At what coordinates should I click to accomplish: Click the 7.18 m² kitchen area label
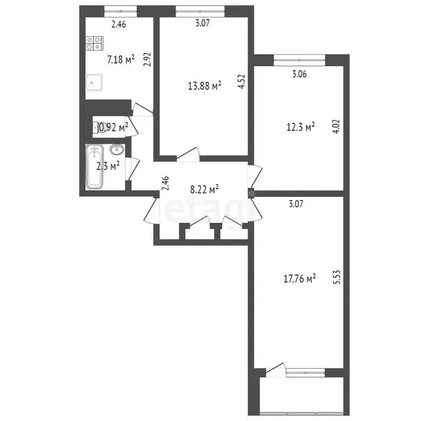121,60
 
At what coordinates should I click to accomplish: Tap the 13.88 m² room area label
204,86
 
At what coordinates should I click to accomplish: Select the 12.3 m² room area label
300,127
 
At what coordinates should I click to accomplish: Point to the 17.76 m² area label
300,278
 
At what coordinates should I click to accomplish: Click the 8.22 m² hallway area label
204,189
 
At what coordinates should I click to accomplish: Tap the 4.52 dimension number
242,81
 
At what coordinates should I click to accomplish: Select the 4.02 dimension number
337,127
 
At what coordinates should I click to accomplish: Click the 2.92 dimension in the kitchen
148,60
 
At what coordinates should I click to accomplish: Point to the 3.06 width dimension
299,74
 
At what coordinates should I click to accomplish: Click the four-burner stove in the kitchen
94,43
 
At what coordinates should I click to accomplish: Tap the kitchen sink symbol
94,83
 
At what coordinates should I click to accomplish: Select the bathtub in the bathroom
94,166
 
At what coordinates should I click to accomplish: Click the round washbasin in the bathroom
117,149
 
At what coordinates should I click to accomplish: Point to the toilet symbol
97,127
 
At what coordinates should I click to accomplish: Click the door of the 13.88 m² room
188,154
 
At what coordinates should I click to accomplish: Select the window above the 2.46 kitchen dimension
121,11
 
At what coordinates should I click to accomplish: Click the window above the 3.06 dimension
299,61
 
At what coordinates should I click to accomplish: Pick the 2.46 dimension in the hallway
166,183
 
